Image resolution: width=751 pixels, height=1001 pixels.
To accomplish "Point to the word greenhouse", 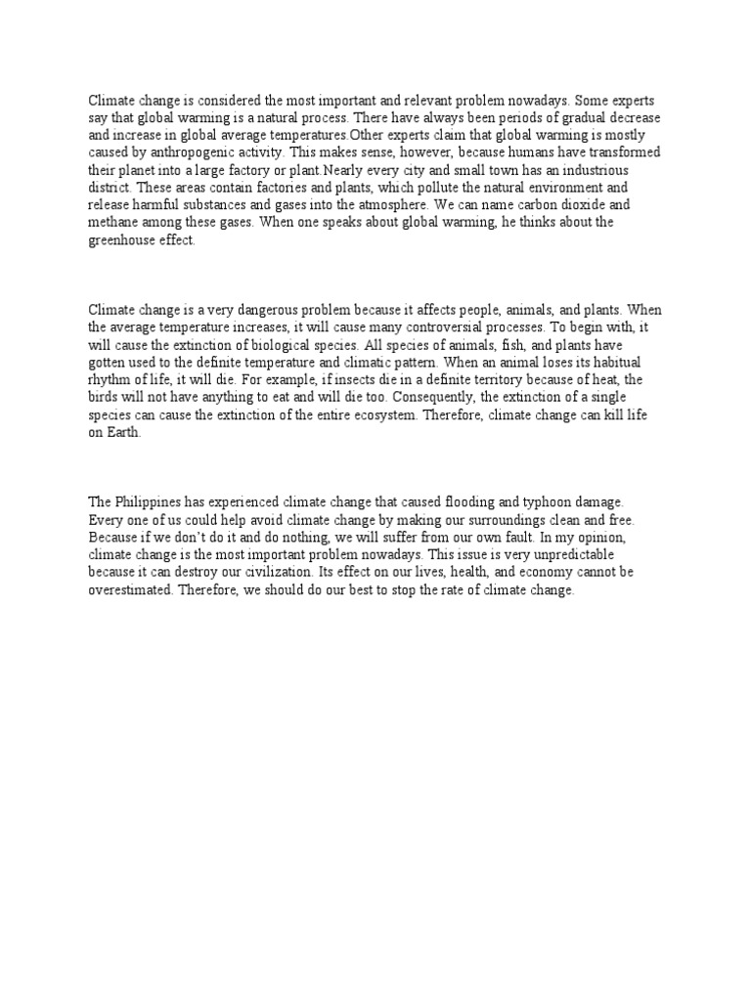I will coord(122,240).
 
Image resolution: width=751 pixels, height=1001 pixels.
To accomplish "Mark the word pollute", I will coord(435,188).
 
